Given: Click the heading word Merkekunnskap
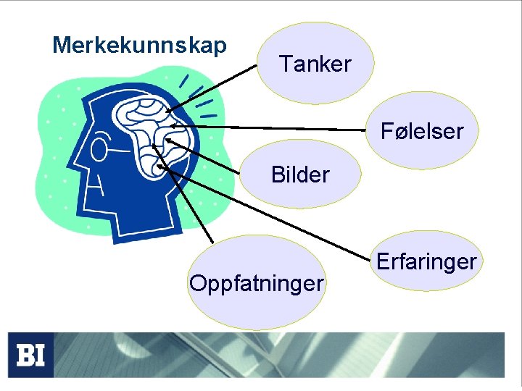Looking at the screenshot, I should pos(139,45).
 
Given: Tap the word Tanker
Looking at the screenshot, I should pos(315,64).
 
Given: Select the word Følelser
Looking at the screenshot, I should pos(422,131).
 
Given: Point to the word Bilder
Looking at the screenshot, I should pos(300,175).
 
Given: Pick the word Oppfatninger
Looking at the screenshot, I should pos(256,282).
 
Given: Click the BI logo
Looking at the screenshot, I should pos(30,355).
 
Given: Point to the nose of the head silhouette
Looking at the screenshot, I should pos(79,156).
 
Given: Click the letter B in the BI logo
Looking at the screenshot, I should pos(25,355).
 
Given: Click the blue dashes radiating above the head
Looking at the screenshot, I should pos(197,95).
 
